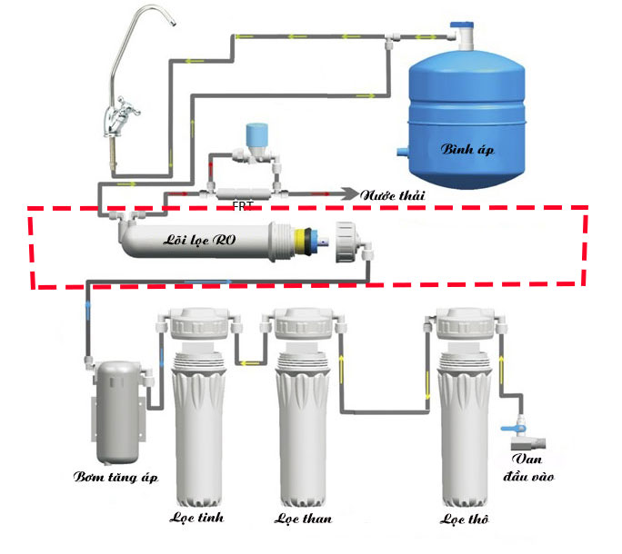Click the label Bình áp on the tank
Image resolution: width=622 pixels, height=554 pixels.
[x=468, y=149]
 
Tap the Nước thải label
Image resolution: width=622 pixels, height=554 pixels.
[x=393, y=195]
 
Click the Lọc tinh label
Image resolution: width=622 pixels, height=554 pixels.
[x=196, y=518]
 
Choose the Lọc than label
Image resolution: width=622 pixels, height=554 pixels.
[x=303, y=519]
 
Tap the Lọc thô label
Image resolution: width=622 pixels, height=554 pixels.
[x=464, y=519]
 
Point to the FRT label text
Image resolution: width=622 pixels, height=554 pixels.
[x=243, y=205]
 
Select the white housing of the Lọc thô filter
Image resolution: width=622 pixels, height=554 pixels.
[x=464, y=427]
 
